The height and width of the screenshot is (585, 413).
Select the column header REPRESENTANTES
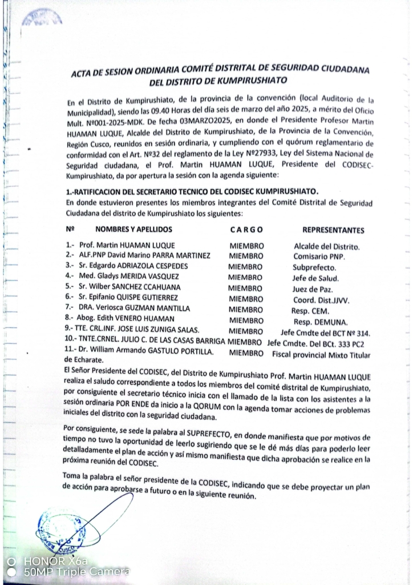(x=333, y=231)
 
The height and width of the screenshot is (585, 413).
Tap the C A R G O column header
(x=246, y=230)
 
